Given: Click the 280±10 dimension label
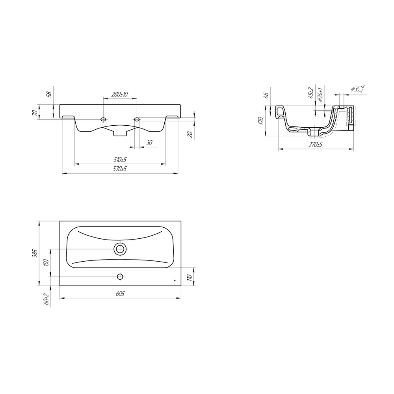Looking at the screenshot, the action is (120, 94).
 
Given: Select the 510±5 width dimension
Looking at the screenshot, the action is (120, 160).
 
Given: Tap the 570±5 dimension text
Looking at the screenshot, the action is (120, 169).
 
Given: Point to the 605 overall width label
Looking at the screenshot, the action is (120, 294).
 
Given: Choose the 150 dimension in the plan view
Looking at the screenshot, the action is (46, 263).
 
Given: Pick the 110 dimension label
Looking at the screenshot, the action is (190, 277).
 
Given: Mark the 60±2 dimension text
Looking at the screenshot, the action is (46, 299).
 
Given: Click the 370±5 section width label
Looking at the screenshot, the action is (316, 145).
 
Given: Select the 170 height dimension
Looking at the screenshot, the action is (261, 121).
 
